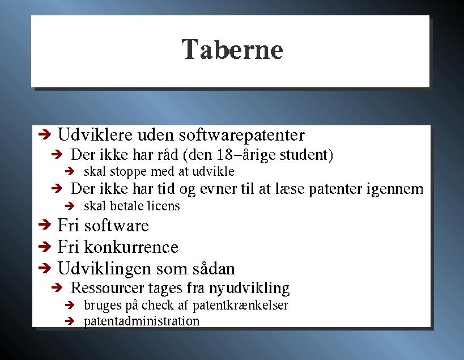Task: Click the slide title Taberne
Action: [x=232, y=49]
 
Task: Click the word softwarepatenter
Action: [x=242, y=135]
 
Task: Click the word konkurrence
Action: [x=131, y=247]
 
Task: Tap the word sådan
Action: [x=214, y=269]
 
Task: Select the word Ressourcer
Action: [x=107, y=288]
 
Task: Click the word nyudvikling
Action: [x=249, y=289]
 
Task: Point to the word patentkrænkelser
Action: [x=240, y=305]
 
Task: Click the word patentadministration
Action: [x=142, y=321]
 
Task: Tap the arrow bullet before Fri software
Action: [x=45, y=225]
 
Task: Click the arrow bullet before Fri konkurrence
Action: [x=45, y=246]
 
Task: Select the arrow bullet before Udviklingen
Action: [x=45, y=268]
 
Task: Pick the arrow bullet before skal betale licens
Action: [x=70, y=206]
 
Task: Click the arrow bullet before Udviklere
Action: [x=45, y=135]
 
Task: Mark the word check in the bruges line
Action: [x=157, y=305]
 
